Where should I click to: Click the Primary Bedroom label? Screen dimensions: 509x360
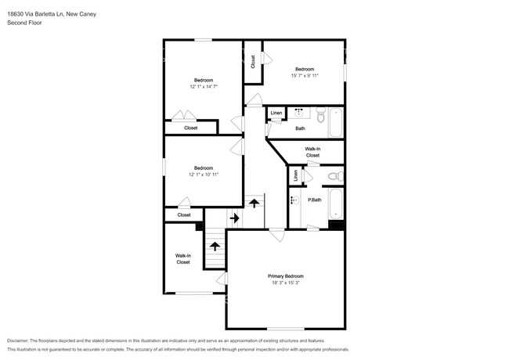point(286,276)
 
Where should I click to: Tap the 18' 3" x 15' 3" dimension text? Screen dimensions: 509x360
point(286,283)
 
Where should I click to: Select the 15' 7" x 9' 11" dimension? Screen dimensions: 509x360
point(305,76)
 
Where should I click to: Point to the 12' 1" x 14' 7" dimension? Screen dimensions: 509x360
point(204,87)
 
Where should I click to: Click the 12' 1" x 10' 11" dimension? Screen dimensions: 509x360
point(204,175)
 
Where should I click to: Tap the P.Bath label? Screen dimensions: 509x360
point(315,200)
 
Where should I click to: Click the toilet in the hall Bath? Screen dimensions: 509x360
point(321,115)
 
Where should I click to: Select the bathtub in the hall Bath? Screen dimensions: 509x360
point(336,123)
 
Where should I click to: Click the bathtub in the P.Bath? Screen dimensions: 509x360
point(336,203)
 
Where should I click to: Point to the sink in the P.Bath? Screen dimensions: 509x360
point(294,200)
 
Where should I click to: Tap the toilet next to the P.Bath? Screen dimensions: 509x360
point(336,176)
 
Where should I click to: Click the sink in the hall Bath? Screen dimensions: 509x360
point(299,113)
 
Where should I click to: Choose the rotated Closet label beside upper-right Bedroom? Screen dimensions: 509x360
point(253,62)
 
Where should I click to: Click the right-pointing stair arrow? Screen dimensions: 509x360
point(234,218)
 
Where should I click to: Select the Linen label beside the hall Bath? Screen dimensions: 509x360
point(276,113)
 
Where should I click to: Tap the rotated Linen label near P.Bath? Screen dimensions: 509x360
point(295,175)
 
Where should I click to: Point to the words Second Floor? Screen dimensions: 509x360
point(24,23)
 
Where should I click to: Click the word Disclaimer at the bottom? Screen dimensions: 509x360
point(18,340)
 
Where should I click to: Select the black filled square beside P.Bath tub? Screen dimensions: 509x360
point(336,225)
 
